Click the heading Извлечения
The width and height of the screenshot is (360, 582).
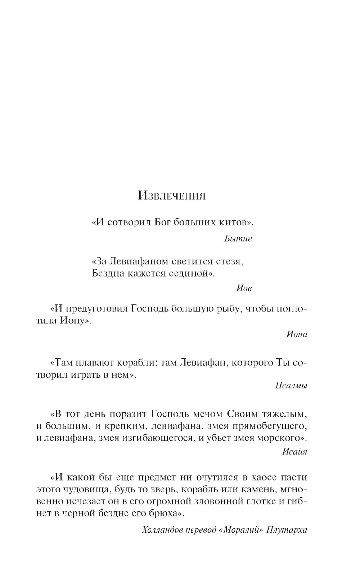(172, 196)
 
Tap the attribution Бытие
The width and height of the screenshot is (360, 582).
(238, 238)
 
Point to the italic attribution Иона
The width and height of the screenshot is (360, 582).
(297, 334)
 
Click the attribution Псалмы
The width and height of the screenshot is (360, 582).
(291, 386)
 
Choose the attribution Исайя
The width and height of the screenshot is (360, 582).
(294, 451)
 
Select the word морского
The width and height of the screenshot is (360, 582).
(283, 438)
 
